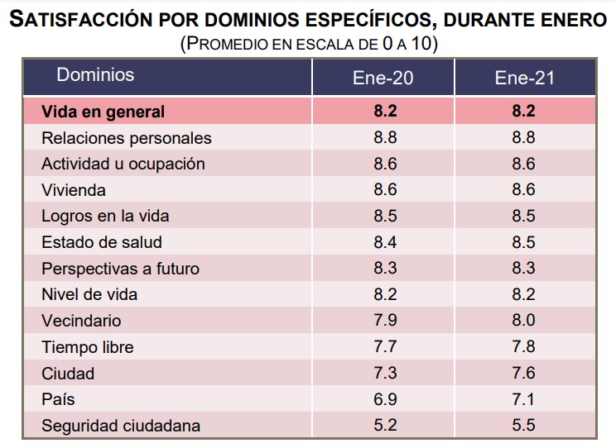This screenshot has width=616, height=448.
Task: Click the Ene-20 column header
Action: (384, 78)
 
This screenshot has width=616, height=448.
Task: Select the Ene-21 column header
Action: (523, 78)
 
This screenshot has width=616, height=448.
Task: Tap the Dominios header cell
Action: (95, 75)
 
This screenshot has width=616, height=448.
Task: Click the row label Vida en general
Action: (103, 112)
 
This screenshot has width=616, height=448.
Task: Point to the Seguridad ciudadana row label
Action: (121, 427)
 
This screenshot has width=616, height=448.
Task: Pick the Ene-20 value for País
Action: (385, 400)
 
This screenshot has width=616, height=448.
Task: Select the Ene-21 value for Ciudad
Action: (523, 374)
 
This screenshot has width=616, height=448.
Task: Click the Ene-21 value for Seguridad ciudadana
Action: (523, 427)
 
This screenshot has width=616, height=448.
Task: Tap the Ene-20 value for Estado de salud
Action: (385, 242)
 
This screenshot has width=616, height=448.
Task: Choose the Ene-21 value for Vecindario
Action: (523, 322)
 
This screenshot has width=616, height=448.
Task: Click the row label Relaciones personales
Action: (127, 138)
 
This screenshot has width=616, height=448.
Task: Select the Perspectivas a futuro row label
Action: (120, 269)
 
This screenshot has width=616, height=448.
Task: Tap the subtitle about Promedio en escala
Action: (308, 43)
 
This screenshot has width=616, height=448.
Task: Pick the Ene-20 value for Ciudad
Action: (385, 374)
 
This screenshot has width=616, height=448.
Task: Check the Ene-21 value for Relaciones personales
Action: (523, 138)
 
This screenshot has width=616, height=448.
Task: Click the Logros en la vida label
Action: (105, 217)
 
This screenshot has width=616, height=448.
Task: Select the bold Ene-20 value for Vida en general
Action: (385, 112)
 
